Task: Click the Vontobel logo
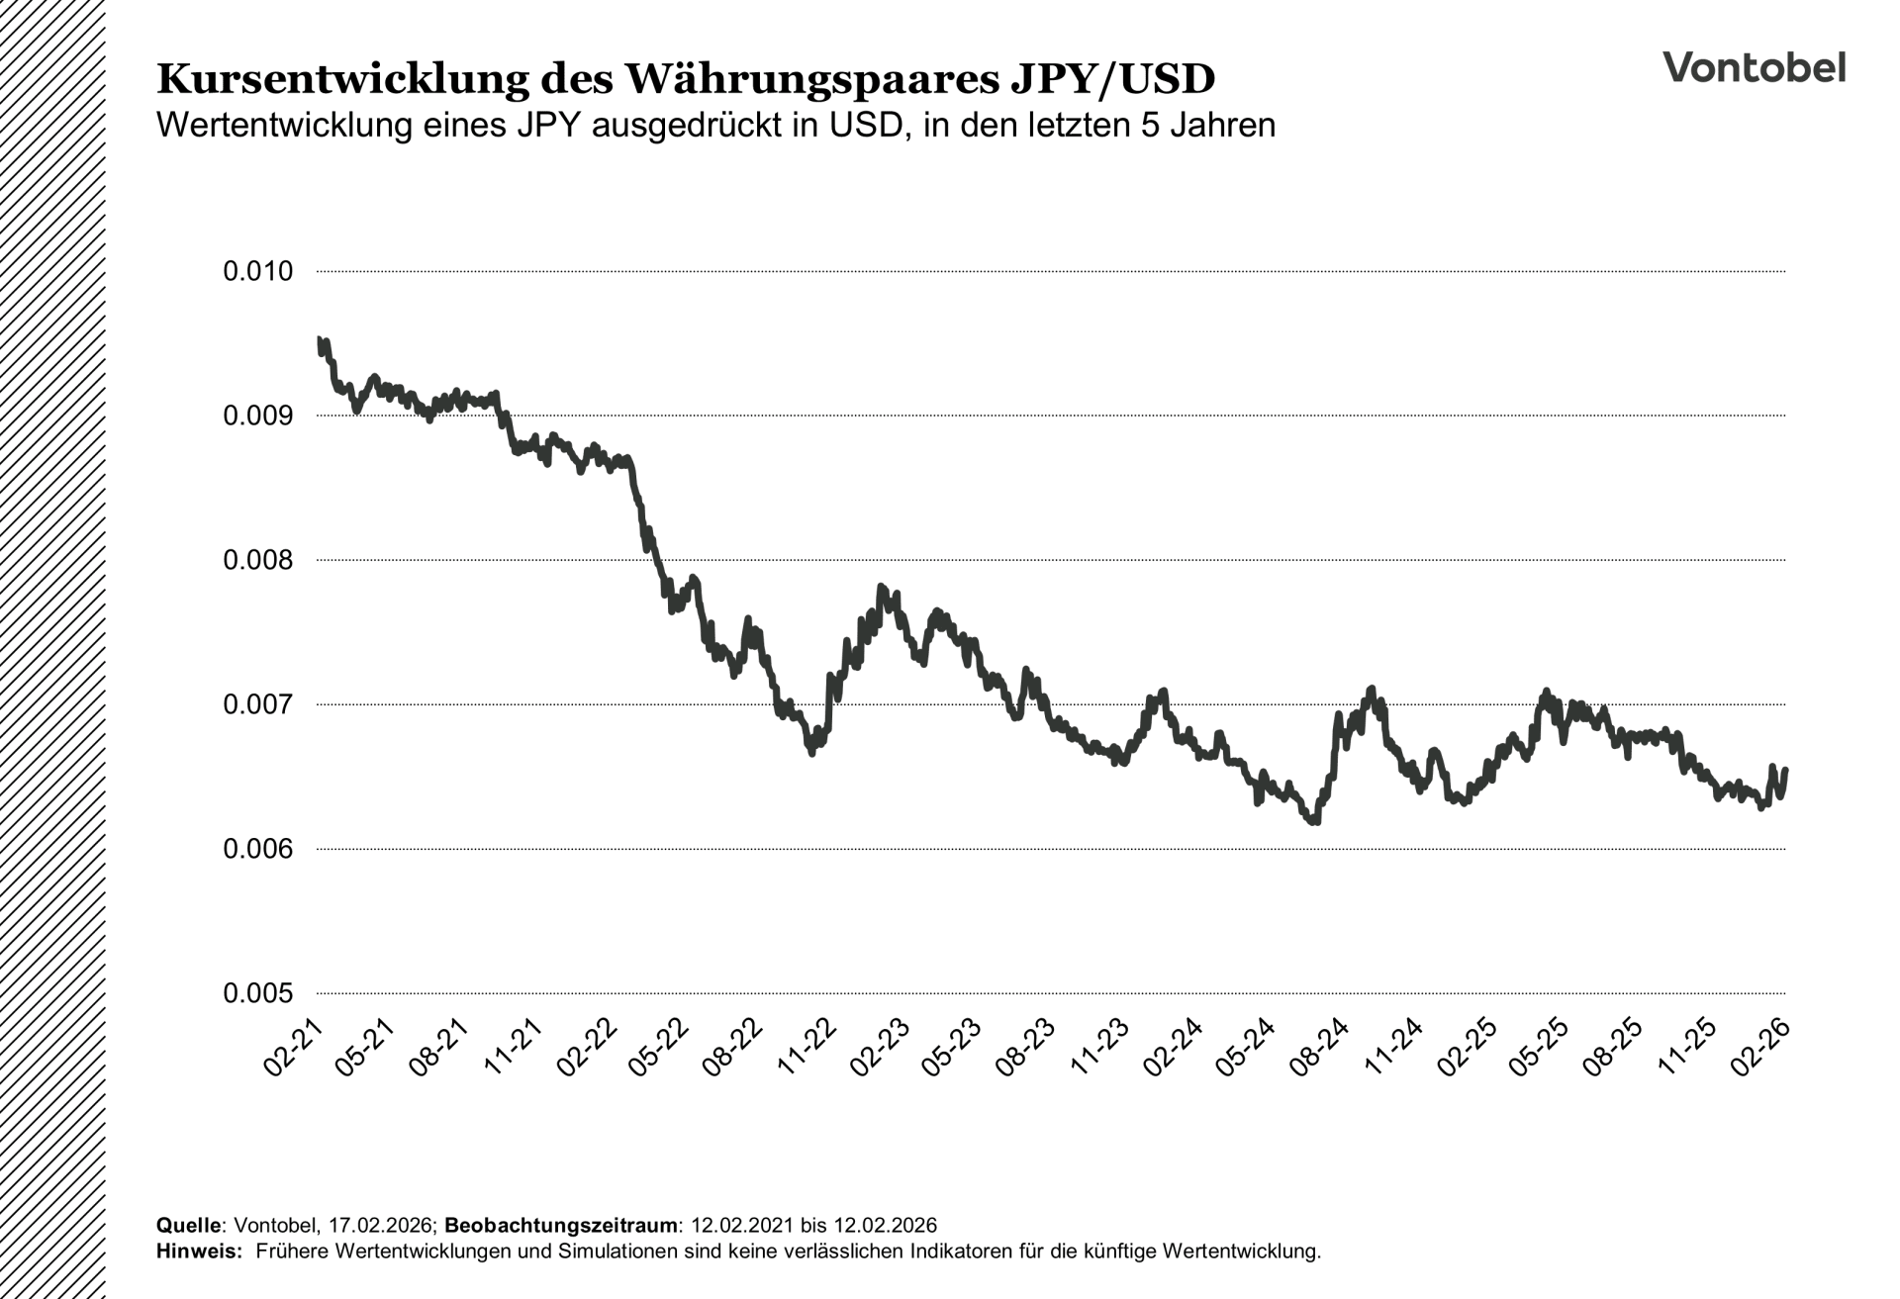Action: pyautogui.click(x=1754, y=67)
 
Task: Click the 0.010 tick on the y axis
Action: pyautogui.click(x=258, y=271)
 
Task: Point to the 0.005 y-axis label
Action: pyautogui.click(x=258, y=993)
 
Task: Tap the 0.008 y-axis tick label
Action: pyautogui.click(x=258, y=560)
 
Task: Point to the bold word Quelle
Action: pyautogui.click(x=187, y=1226)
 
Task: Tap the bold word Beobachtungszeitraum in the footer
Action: pyautogui.click(x=561, y=1226)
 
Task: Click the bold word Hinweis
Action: pyautogui.click(x=198, y=1252)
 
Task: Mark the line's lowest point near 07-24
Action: pyautogui.click(x=1315, y=821)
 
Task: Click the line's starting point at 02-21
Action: pyautogui.click(x=319, y=339)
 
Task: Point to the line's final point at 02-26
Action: pyautogui.click(x=1784, y=771)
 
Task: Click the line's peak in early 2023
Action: pyautogui.click(x=881, y=588)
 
